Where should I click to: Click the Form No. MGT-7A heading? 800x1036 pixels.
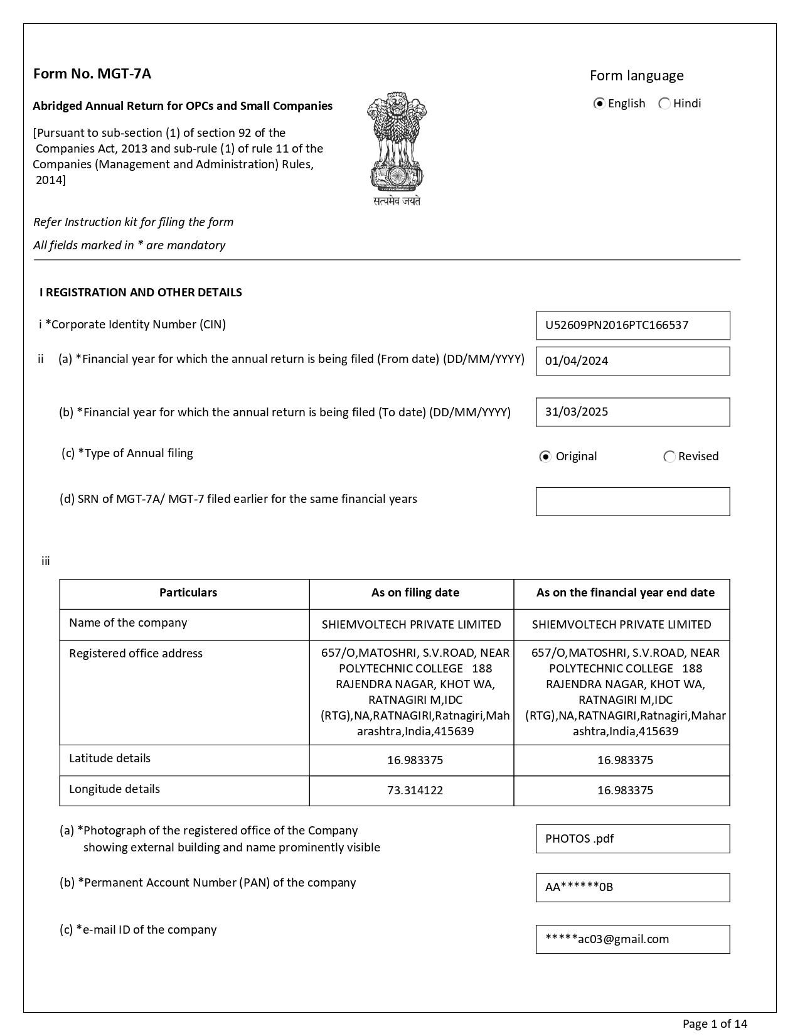click(92, 74)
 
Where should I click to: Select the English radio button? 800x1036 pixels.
click(599, 104)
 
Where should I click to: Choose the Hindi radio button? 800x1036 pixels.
click(664, 104)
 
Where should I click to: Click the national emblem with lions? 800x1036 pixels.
click(397, 148)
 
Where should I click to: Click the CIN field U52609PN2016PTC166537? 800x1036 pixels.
click(632, 325)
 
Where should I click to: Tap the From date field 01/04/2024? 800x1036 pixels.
click(632, 361)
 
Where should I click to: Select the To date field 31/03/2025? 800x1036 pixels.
click(632, 412)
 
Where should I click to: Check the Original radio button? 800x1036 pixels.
click(545, 456)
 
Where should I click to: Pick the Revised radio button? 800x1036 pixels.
click(669, 456)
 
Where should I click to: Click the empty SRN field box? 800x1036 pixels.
click(632, 502)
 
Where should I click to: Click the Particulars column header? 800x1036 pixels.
click(188, 593)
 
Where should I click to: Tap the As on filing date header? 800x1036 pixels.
click(415, 593)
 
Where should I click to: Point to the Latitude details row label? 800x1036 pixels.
click(110, 758)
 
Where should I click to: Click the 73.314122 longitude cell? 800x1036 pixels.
click(415, 790)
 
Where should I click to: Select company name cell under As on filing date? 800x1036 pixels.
click(411, 625)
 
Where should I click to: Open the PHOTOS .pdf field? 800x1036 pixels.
click(632, 839)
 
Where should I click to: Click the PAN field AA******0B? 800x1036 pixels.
click(632, 887)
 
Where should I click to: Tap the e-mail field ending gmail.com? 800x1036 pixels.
click(632, 939)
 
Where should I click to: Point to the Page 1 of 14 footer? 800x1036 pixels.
click(715, 1024)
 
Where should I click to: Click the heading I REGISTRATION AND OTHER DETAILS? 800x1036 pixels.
click(141, 293)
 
